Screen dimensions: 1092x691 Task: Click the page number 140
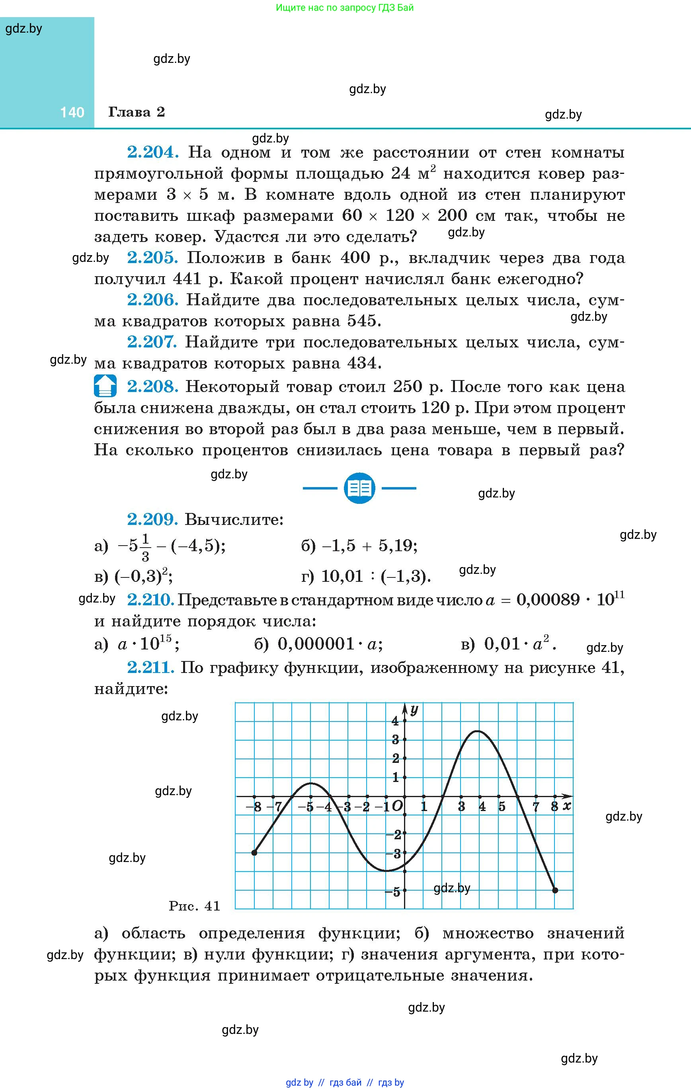[x=72, y=113]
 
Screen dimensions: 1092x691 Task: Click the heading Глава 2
[x=136, y=112]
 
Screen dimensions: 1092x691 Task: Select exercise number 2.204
[x=152, y=152]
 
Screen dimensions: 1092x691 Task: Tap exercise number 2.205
[x=152, y=257]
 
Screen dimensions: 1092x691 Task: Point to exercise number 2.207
[x=152, y=342]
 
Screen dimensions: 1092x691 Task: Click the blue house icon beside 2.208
[x=105, y=386]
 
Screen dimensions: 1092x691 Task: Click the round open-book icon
[x=359, y=488]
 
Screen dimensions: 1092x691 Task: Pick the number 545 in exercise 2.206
[x=361, y=321]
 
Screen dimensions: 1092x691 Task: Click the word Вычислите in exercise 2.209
[x=234, y=519]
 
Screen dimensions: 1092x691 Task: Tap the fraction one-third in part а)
[x=145, y=547]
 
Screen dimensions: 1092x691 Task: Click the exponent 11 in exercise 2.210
[x=619, y=594]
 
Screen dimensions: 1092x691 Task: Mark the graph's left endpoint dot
[x=254, y=852]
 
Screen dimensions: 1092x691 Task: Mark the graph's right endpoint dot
[x=555, y=890]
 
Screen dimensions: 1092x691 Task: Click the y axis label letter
[x=414, y=710]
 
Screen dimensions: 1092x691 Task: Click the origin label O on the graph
[x=396, y=806]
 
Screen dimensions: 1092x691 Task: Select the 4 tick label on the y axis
[x=395, y=721]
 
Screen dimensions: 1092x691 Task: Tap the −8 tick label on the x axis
[x=254, y=807]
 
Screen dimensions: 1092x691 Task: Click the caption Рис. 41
[x=194, y=906]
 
